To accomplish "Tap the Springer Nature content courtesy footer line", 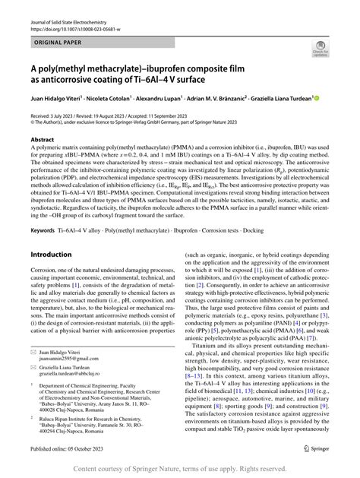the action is point(180,469).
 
